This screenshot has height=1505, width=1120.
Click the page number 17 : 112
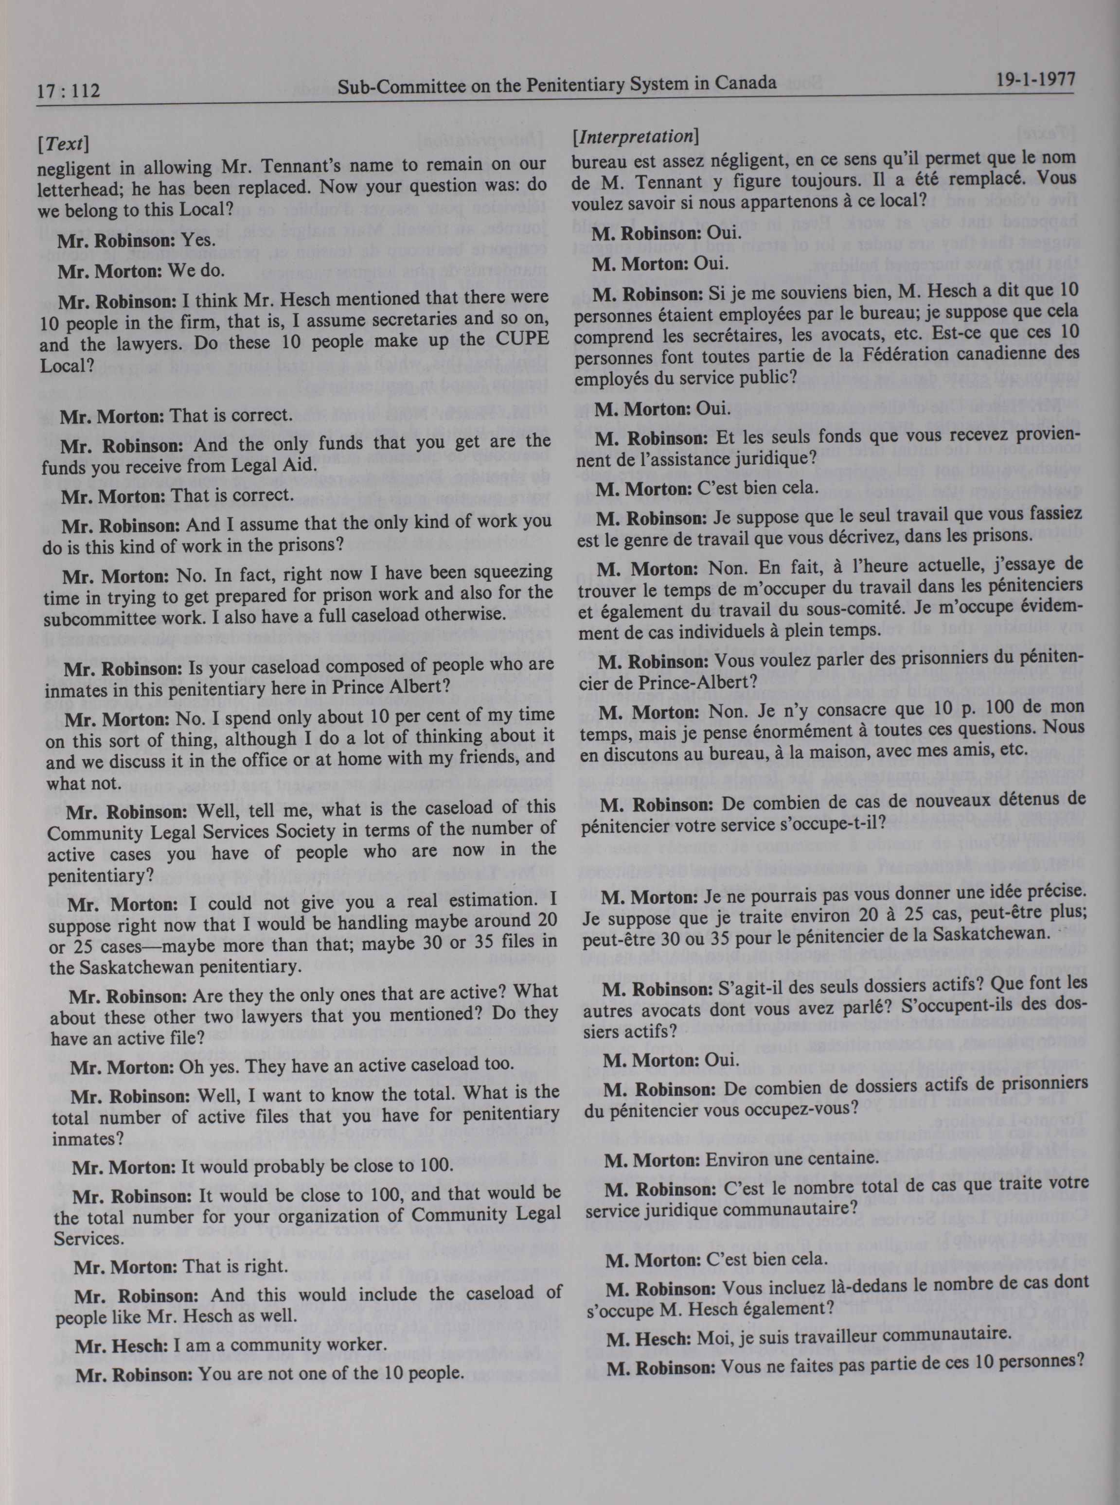click(67, 89)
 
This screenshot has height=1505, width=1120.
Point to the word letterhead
click(82, 185)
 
